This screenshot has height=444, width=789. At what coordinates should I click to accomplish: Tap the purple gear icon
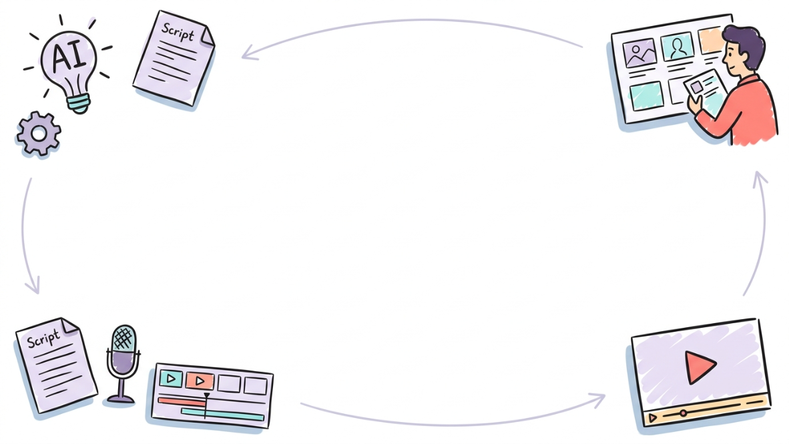tap(39, 134)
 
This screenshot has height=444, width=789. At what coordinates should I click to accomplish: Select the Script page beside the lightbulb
tap(174, 58)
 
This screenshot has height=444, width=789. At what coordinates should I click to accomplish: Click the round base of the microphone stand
tap(121, 400)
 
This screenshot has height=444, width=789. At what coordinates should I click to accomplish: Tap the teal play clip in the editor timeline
tap(171, 378)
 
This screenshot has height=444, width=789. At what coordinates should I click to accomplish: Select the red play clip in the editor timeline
tap(200, 381)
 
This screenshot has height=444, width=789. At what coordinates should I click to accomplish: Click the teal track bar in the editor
tap(222, 415)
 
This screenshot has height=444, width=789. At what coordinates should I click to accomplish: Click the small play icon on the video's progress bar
tap(653, 418)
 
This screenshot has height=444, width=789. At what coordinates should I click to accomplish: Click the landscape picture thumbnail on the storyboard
tap(639, 52)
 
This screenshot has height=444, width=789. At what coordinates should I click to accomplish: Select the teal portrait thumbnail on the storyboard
tap(678, 47)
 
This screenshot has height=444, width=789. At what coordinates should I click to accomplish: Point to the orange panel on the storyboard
tap(710, 41)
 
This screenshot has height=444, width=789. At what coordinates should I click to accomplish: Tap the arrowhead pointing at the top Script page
tap(250, 53)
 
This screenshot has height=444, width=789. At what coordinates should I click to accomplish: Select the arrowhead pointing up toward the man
tap(760, 179)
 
